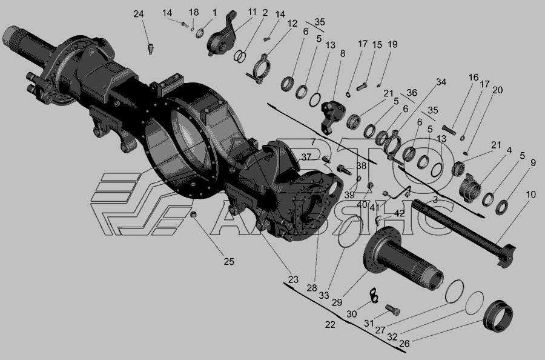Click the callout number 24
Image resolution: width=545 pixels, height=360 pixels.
point(138,14)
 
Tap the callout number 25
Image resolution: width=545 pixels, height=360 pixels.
point(229,262)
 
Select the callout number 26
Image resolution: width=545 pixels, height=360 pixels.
point(405,344)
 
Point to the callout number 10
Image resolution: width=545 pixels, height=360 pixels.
point(530,195)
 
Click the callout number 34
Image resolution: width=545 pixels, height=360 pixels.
point(441,82)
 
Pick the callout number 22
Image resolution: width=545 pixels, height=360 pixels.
point(330,324)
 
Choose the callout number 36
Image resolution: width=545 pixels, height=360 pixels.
point(412,93)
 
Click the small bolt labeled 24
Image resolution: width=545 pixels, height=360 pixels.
point(151,48)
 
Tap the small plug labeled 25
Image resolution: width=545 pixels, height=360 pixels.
point(194,214)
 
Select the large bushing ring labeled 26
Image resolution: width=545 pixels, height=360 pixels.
point(498,316)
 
